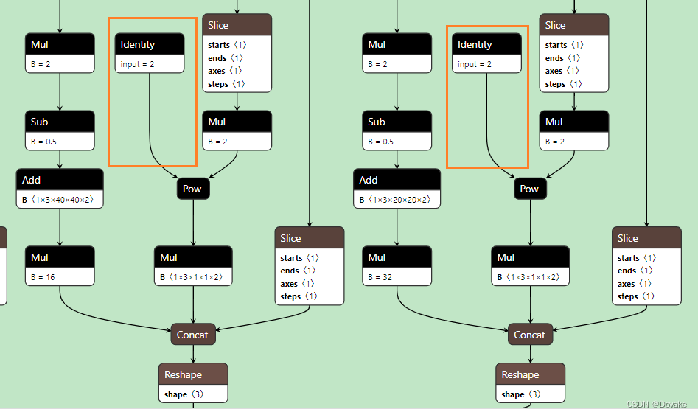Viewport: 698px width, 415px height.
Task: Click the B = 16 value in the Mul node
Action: coord(43,277)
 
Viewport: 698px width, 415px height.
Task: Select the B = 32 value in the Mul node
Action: coord(380,277)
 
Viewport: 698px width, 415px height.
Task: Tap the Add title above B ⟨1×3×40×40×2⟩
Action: coord(32,180)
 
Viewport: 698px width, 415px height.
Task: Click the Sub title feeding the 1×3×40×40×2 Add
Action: coord(40,122)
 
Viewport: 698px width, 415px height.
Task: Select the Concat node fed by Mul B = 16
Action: coord(192,335)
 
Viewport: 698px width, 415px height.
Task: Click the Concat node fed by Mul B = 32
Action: coord(529,335)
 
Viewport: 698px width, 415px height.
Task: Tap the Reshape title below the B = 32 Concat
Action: coord(520,374)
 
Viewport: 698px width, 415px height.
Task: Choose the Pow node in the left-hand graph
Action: coord(192,189)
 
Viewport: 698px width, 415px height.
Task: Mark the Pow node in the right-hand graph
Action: coord(529,189)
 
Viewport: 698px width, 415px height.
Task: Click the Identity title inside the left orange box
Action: coord(139,44)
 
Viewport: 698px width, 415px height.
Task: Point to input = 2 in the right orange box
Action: coord(474,65)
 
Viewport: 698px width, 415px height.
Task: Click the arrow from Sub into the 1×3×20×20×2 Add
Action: coord(397,160)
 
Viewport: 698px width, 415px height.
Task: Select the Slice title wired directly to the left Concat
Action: coord(290,238)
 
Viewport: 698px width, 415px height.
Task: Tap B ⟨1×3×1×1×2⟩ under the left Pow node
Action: coord(194,277)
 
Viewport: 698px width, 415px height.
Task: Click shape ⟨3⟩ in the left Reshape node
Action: coord(184,394)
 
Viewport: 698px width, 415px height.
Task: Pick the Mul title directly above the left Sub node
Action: coord(40,44)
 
